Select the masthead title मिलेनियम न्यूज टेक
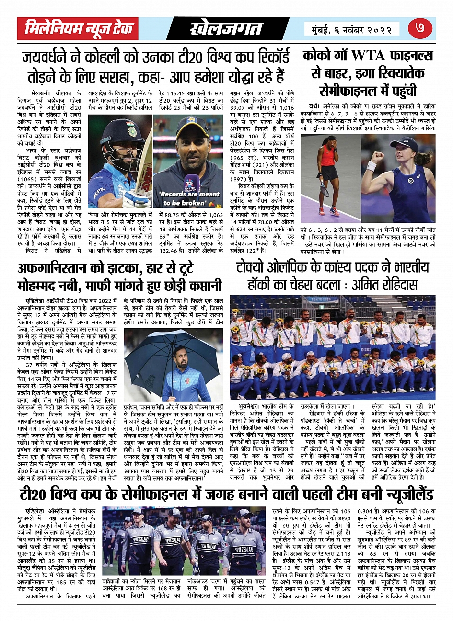pyautogui.click(x=80, y=29)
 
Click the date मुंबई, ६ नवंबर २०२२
pyautogui.click(x=352, y=29)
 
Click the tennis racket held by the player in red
pyautogui.click(x=325, y=188)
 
